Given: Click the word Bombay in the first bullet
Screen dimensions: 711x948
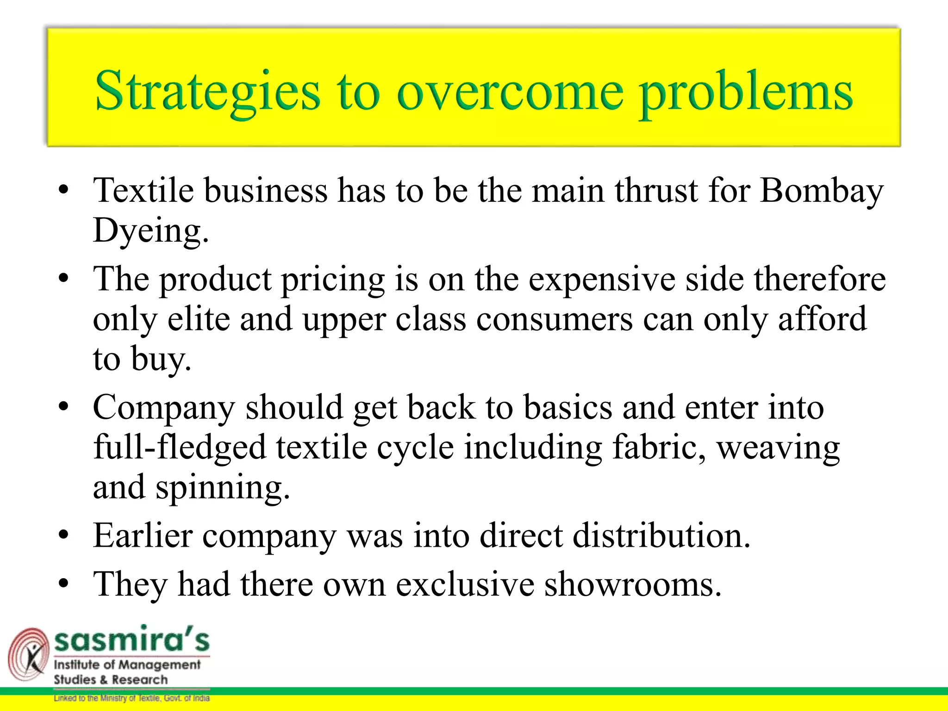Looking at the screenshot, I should (822, 191).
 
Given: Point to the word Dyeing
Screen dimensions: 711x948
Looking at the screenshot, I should (150, 231).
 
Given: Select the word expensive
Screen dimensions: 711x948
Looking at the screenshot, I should (602, 280).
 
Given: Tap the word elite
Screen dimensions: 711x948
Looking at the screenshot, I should (199, 319).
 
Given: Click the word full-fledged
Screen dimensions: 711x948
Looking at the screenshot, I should (180, 448).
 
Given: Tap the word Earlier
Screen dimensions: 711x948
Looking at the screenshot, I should (143, 536).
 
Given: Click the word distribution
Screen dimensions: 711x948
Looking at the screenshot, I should (661, 536).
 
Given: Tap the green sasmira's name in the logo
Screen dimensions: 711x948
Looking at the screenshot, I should (132, 640).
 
